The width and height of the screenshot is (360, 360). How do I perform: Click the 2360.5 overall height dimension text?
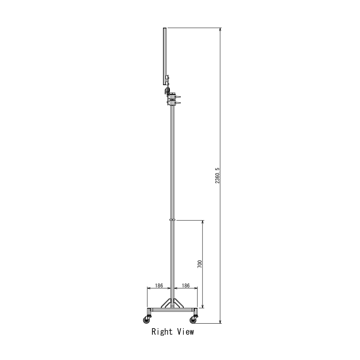[x=217, y=175]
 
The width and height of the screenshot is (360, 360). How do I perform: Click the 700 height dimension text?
[x=199, y=264]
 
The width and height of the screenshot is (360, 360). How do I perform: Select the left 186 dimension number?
[x=159, y=285]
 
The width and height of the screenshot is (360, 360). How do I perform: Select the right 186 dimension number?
[x=186, y=285]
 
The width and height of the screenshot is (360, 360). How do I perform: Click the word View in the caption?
[x=186, y=332]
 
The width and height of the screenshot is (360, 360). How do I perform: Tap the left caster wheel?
[x=147, y=320]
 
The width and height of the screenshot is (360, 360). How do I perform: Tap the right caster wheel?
[x=193, y=320]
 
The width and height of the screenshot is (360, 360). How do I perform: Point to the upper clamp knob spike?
[x=178, y=97]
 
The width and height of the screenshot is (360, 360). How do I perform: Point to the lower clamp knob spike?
[x=178, y=103]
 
